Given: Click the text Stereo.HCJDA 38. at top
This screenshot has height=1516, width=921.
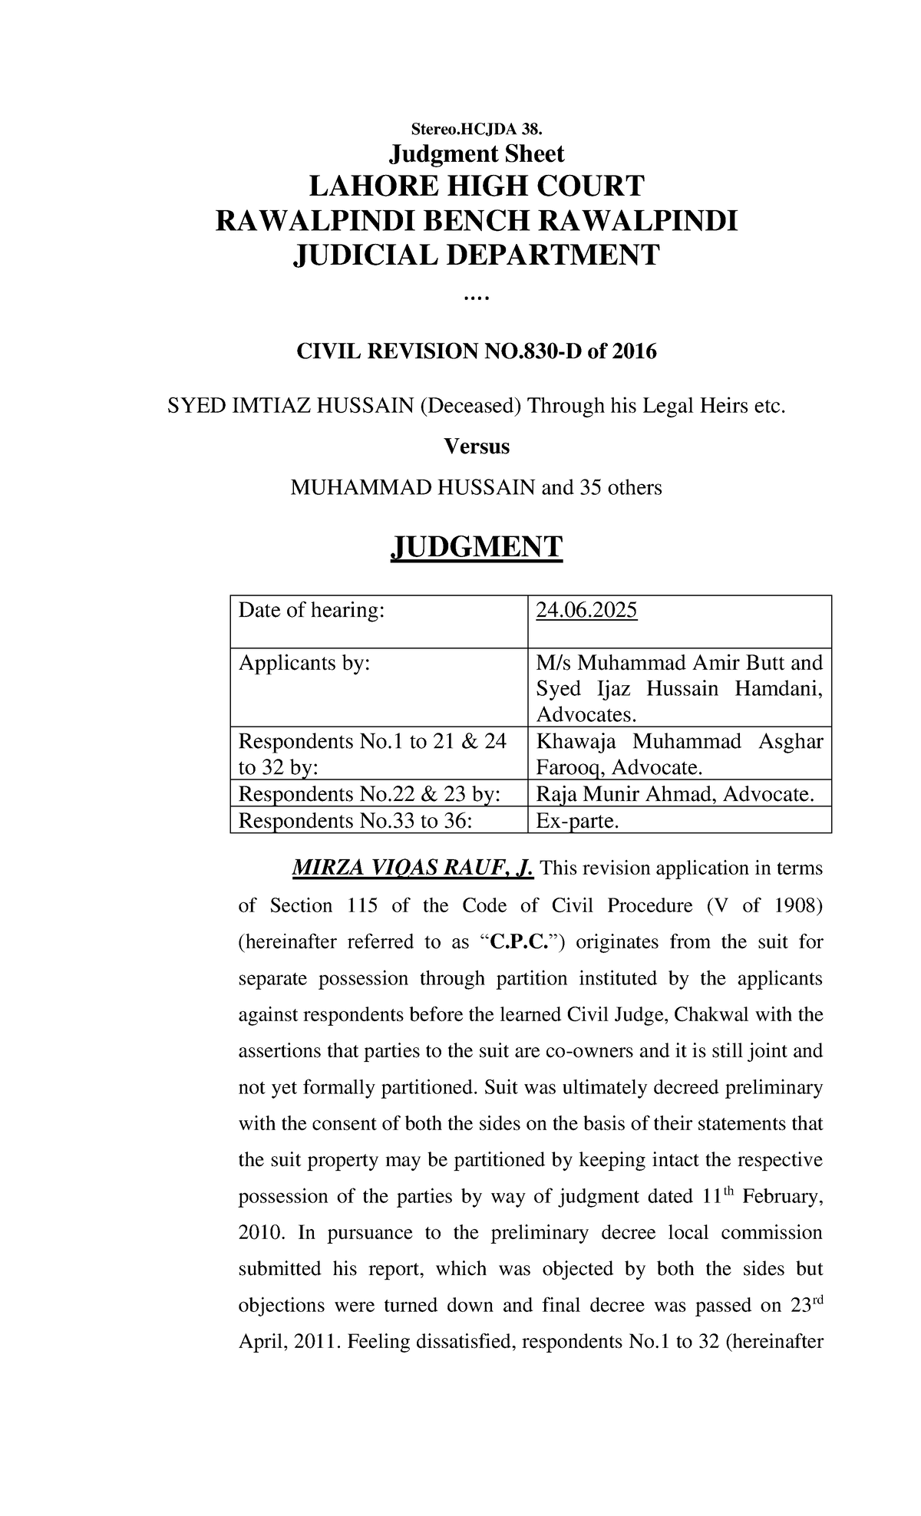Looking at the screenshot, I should [476, 127].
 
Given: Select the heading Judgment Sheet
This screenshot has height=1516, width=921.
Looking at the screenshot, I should [476, 154].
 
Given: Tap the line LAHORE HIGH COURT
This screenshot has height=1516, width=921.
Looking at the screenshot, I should [476, 186].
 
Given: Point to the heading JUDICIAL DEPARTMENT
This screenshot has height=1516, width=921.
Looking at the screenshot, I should [476, 255].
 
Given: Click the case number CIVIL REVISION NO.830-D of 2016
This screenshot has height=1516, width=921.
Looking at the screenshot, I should [476, 352].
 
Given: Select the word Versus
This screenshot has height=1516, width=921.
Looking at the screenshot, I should [477, 447].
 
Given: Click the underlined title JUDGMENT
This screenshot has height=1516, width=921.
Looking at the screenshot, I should [477, 547].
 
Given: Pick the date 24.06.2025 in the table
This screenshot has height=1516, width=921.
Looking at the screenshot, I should [586, 611].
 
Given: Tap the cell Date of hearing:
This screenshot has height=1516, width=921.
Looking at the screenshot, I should [310, 611].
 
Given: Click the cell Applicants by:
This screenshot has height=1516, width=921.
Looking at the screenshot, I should [304, 663].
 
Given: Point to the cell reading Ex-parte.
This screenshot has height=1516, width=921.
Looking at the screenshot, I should [577, 821].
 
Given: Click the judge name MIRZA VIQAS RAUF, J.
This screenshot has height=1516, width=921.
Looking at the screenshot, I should [412, 868].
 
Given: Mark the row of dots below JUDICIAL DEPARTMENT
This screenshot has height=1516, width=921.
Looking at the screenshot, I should [476, 298].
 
